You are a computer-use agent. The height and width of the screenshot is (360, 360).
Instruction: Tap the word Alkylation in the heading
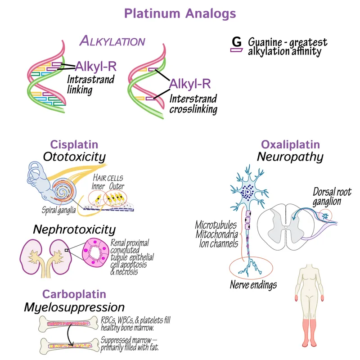(112, 41)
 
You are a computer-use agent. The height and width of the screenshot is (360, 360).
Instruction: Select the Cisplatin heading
(74, 145)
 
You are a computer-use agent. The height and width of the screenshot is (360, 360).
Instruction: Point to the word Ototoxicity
(74, 157)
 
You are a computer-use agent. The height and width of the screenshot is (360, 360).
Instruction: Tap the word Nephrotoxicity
(74, 229)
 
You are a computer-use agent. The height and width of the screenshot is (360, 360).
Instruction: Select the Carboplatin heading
(74, 294)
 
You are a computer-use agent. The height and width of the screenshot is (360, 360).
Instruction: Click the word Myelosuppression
(74, 307)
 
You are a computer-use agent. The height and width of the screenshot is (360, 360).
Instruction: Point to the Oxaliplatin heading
(290, 145)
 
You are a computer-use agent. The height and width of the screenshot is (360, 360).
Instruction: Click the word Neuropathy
(290, 157)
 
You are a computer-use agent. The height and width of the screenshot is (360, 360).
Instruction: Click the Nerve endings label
(253, 285)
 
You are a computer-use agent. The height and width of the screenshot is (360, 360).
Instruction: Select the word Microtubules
(216, 225)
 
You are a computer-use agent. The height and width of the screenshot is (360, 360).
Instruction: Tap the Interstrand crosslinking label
(193, 104)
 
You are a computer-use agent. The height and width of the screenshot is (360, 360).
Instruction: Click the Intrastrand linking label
(90, 85)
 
